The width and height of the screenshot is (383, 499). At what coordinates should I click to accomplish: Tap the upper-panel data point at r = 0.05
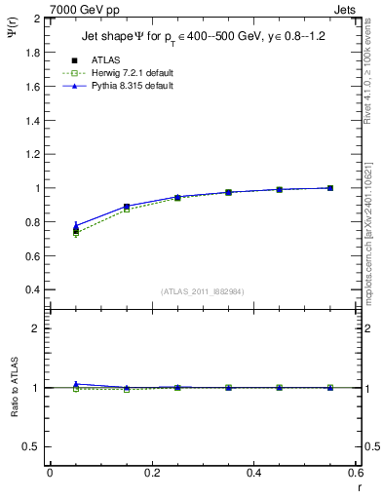(76, 230)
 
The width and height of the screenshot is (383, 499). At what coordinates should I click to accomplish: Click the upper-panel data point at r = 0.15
(127, 207)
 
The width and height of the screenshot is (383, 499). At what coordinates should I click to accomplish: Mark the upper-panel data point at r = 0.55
(330, 188)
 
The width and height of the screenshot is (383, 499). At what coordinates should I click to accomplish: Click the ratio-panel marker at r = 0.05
(76, 385)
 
